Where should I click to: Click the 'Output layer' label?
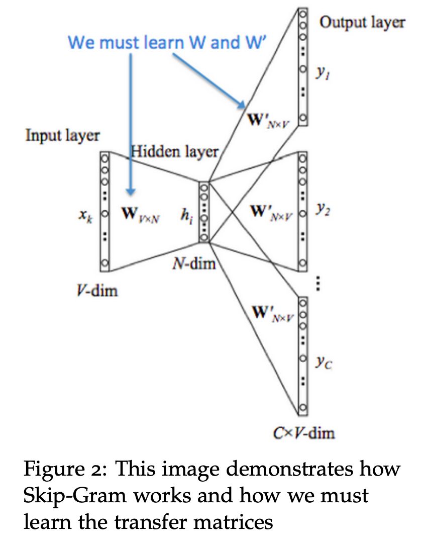[x=362, y=23]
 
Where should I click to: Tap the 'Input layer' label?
[x=62, y=136]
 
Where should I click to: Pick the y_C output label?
[x=325, y=363]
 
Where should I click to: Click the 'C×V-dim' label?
[x=306, y=432]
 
